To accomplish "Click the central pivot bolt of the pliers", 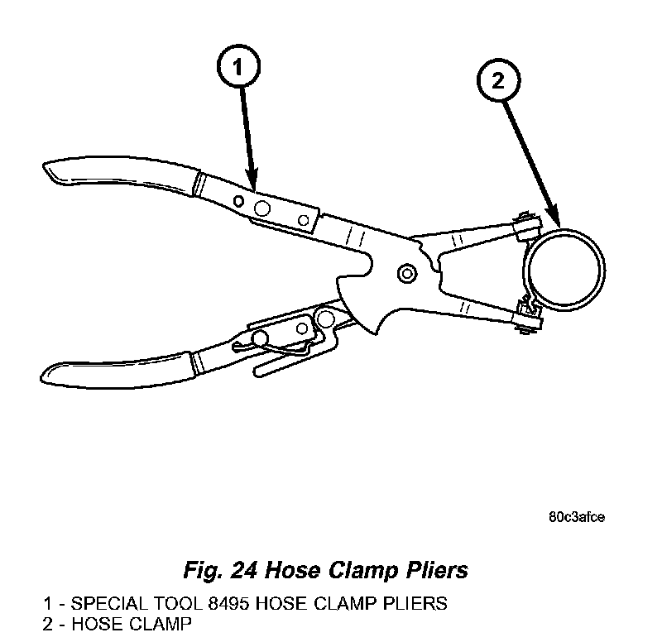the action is (406, 273).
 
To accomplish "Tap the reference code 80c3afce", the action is (576, 518).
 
